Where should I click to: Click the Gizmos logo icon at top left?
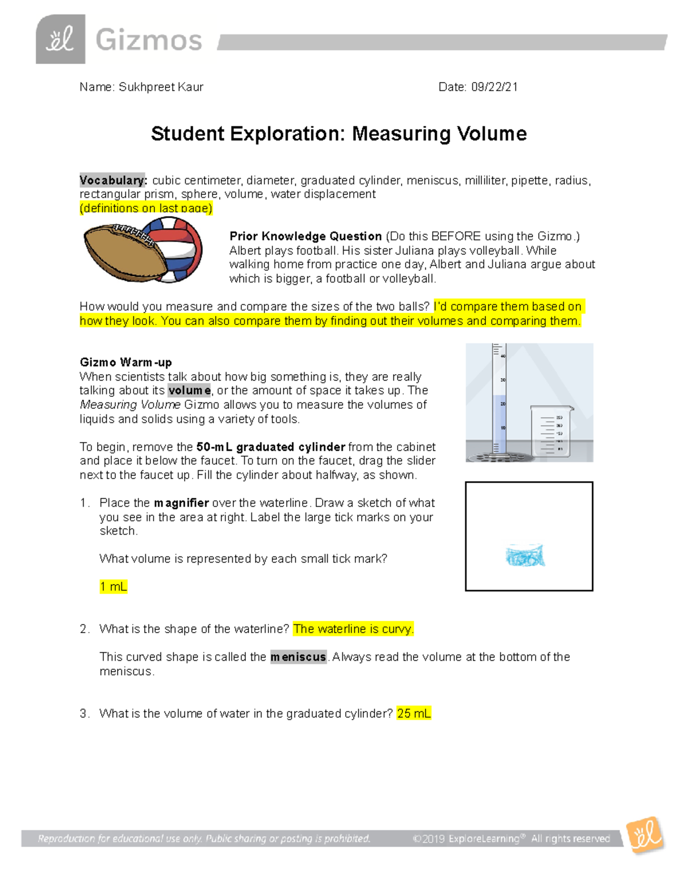[60, 40]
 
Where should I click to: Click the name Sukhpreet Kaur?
[161, 87]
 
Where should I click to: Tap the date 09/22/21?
[494, 87]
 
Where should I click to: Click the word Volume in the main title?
[492, 134]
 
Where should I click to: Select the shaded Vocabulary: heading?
[113, 180]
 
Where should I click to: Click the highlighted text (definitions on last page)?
[146, 208]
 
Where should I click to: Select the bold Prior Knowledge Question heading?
[306, 236]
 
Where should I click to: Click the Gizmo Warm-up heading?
[125, 362]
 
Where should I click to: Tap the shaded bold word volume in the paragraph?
[189, 391]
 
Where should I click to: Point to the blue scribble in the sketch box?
[525, 556]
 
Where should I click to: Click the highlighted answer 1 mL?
[113, 587]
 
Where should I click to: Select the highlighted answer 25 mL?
[414, 713]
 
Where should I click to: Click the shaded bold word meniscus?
[298, 657]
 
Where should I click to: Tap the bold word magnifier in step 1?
[181, 503]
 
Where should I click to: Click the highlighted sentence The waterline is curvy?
[354, 629]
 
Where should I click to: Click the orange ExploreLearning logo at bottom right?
[645, 834]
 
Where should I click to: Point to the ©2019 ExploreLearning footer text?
[511, 838]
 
